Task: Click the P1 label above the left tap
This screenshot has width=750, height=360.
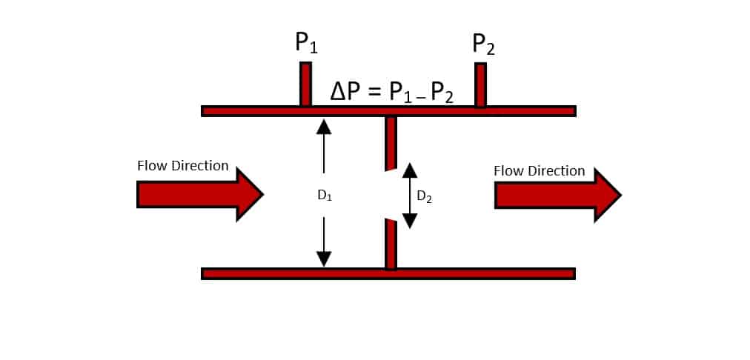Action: point(305,42)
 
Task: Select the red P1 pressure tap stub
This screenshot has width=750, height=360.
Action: point(305,84)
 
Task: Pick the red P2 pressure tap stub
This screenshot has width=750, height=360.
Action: point(480,84)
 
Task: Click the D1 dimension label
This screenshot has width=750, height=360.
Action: point(325,195)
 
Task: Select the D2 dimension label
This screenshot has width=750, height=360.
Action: point(424,196)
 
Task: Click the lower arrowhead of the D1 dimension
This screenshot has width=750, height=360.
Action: point(324,259)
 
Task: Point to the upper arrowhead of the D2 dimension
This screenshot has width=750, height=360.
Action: point(410,170)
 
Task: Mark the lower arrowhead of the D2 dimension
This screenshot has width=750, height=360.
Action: point(410,221)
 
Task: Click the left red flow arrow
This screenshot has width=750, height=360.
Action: point(199,194)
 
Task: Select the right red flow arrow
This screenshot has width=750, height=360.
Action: point(557,195)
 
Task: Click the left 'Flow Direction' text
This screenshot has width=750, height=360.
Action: point(182,165)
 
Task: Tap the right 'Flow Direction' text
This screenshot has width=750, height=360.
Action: point(539,171)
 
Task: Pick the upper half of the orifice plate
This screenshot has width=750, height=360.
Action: point(391,142)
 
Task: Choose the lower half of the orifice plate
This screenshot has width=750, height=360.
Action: point(391,244)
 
